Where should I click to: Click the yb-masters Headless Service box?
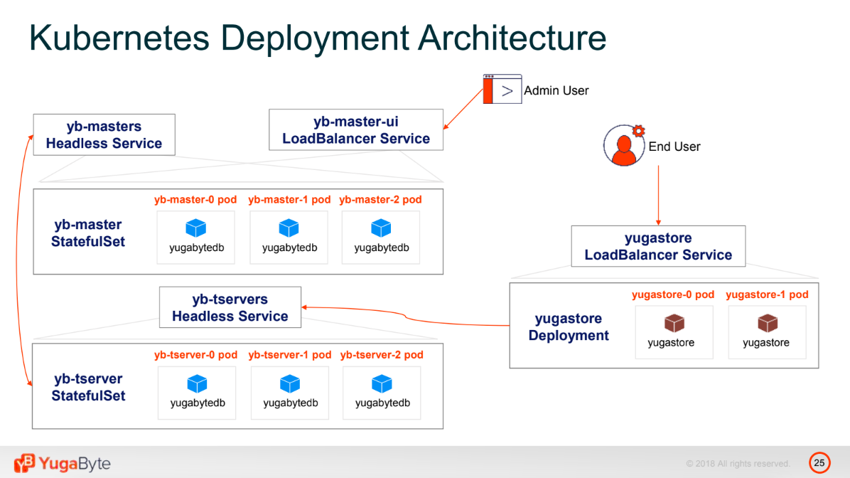[x=104, y=134]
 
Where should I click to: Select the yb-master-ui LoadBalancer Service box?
[x=356, y=129]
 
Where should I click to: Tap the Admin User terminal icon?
[x=502, y=89]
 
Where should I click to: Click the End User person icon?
[x=624, y=145]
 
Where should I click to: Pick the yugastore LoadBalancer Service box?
[x=658, y=246]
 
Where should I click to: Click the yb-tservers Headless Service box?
[x=230, y=307]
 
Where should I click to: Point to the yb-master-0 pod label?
[x=195, y=200]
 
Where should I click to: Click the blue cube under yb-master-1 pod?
[x=289, y=228]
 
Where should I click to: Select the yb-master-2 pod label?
[x=380, y=200]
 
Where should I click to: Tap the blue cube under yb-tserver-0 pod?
[x=197, y=384]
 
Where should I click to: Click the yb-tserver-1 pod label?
[x=289, y=355]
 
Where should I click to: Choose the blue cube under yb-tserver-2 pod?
[x=382, y=384]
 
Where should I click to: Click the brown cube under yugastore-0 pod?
[x=674, y=324]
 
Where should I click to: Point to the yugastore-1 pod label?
[x=767, y=294]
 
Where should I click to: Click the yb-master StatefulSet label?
[x=88, y=233]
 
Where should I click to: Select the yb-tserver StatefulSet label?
[x=88, y=387]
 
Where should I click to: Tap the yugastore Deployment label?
[x=569, y=326]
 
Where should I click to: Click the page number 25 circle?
[x=819, y=463]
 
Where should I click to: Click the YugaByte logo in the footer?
[x=63, y=463]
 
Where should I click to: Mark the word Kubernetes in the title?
[x=119, y=38]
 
